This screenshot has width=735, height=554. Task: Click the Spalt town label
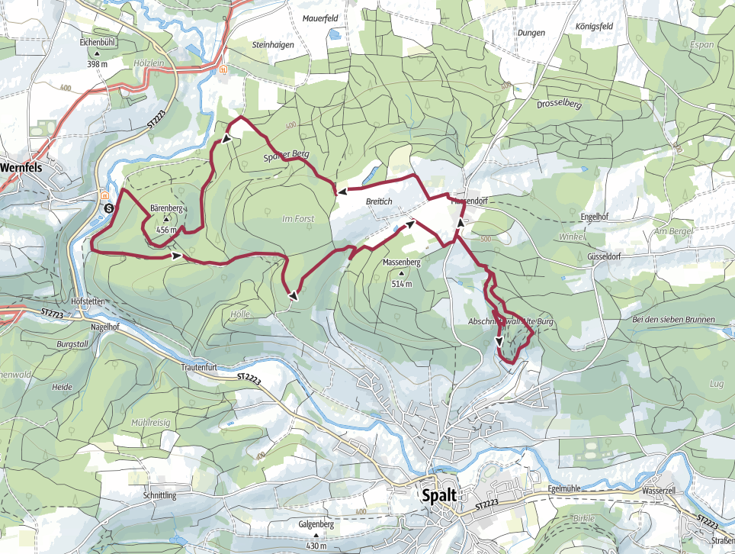click(x=441, y=495)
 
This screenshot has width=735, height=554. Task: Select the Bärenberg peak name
click(x=165, y=207)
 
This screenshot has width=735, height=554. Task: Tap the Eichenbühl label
click(x=97, y=43)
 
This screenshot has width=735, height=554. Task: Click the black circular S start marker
click(x=108, y=208)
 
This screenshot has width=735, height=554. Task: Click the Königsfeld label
click(x=590, y=25)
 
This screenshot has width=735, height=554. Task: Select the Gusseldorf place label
click(x=605, y=256)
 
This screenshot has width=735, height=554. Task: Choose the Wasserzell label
click(x=660, y=491)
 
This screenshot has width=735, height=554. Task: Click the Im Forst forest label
click(x=298, y=219)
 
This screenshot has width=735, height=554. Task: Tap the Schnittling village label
click(x=159, y=495)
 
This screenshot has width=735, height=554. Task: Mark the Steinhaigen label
click(x=272, y=45)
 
